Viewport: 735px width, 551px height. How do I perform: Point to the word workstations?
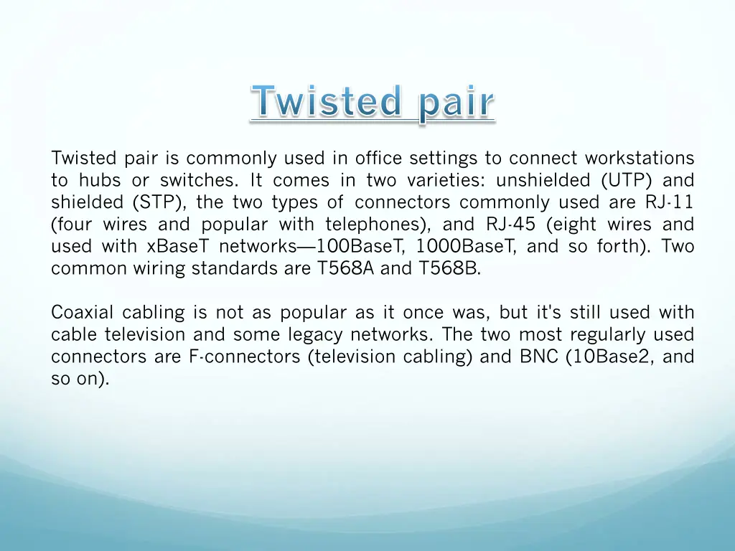tap(640, 158)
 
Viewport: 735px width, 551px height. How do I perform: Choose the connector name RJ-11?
tap(665, 202)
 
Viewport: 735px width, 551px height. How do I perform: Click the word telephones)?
tap(378, 225)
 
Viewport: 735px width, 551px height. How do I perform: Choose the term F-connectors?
tap(245, 357)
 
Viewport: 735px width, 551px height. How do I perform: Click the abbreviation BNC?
tap(539, 357)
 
